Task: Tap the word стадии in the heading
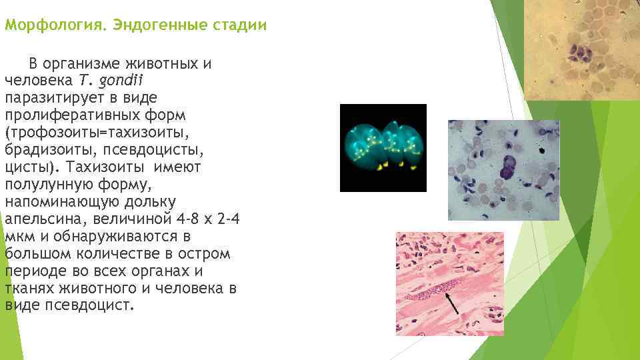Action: point(241,26)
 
